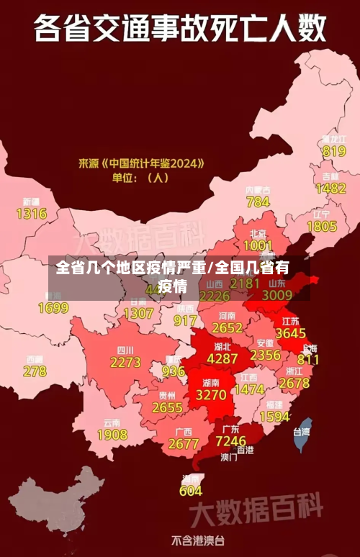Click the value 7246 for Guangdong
(x=231, y=440)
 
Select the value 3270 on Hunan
(x=211, y=395)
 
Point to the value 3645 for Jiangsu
(x=291, y=334)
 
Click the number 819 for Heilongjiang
(x=334, y=151)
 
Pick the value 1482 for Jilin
(x=330, y=189)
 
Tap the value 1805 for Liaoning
(x=322, y=227)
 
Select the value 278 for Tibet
(x=35, y=371)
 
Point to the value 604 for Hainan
(x=191, y=491)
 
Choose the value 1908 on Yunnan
(x=112, y=435)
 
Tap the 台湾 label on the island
(x=301, y=432)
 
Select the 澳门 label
(x=228, y=456)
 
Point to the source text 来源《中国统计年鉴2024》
(x=141, y=163)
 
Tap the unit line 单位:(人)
(x=140, y=177)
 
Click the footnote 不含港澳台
(x=197, y=540)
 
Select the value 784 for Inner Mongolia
(x=258, y=202)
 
